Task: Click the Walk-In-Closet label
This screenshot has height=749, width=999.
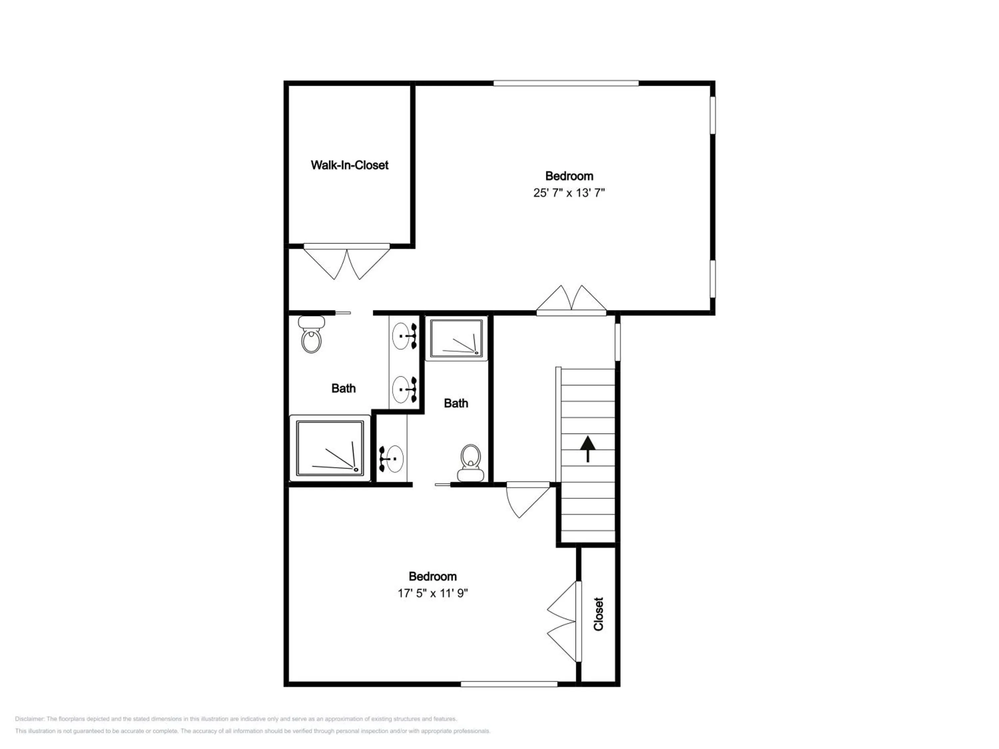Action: [350, 165]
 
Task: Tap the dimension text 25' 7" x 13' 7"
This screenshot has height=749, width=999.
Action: [569, 193]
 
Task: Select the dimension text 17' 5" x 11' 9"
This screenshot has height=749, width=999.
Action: [433, 593]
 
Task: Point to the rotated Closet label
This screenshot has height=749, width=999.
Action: [598, 614]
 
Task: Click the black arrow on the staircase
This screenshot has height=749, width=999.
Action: [587, 449]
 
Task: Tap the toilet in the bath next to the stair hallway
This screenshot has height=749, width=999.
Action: [471, 463]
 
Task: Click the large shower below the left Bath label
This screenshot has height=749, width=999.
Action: [330, 448]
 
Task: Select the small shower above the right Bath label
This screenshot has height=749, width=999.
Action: [457, 338]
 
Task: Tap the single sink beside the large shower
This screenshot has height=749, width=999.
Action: [391, 459]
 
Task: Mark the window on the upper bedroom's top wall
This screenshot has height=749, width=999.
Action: [566, 83]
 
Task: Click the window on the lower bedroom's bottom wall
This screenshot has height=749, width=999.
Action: [509, 684]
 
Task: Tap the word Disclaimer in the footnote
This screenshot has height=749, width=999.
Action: [29, 719]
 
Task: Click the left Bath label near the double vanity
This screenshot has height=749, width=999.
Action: [343, 388]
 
